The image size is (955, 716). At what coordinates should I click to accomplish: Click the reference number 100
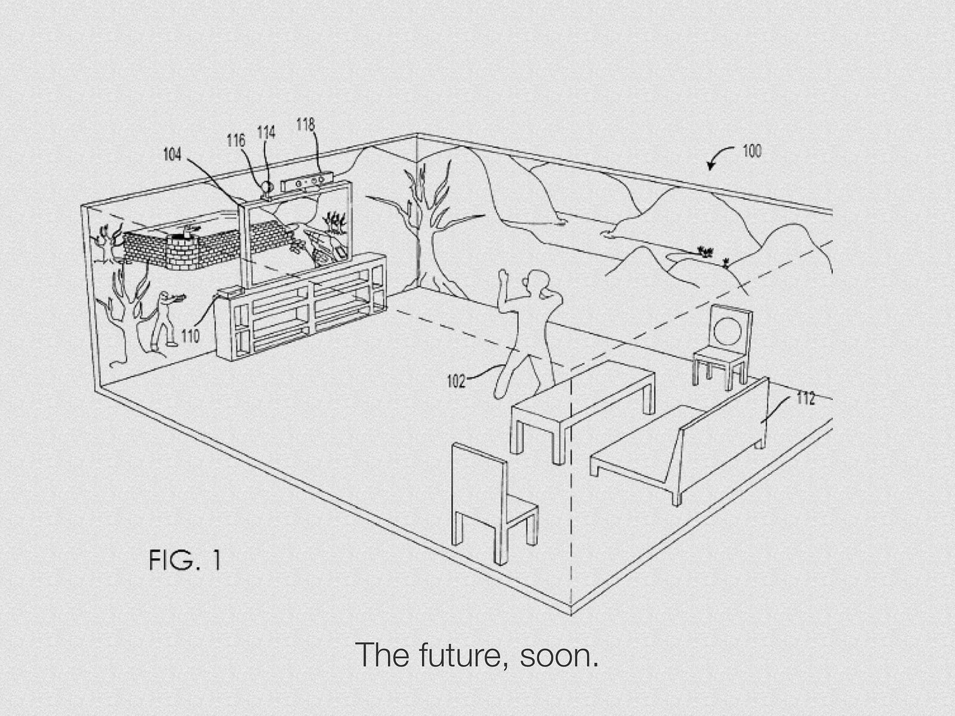tap(752, 151)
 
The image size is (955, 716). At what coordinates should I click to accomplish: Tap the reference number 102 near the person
tap(456, 381)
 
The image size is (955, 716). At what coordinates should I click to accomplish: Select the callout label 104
tap(172, 154)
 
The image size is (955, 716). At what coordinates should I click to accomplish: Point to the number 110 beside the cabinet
tap(190, 336)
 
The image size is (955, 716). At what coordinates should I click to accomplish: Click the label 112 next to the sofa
tap(805, 398)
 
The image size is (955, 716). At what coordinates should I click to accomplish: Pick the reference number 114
tap(266, 132)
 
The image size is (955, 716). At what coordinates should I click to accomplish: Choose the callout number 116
tap(236, 140)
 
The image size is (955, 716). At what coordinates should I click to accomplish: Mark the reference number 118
tap(306, 125)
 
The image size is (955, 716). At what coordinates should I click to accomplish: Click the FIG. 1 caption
tap(185, 560)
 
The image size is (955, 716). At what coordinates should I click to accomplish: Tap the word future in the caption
tap(464, 655)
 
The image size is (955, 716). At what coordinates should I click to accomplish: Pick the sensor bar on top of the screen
tap(307, 183)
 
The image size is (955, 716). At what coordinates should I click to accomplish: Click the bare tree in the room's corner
tap(424, 226)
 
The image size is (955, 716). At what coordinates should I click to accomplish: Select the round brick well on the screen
tap(183, 248)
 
